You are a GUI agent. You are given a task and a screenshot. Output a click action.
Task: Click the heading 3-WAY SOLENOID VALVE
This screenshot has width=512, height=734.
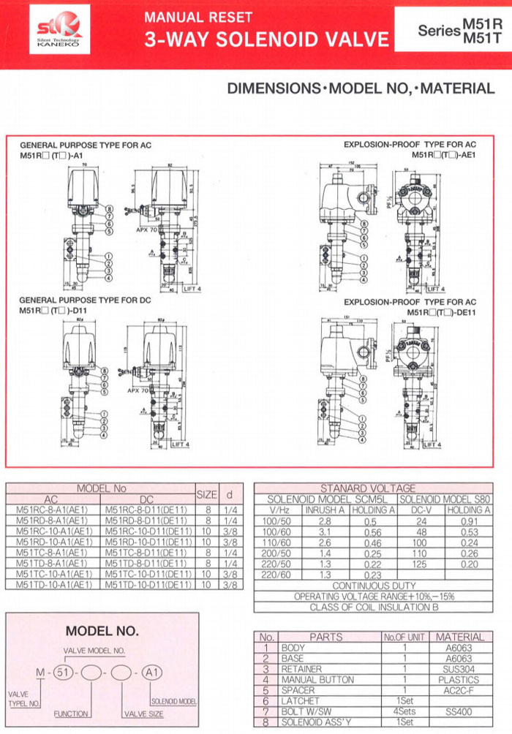pos(266,39)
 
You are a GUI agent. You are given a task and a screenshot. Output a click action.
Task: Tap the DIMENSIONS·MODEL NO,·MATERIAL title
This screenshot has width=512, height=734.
pos(361,88)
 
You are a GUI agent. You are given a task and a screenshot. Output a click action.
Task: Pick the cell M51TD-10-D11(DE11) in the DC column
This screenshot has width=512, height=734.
pos(148,586)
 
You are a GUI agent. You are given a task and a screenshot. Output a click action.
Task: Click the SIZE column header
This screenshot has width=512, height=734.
pos(207,495)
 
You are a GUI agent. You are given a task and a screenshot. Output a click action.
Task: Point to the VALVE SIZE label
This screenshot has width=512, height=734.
pos(144,714)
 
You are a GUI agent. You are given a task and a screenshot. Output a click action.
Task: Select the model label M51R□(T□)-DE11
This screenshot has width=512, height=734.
pos(442,312)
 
